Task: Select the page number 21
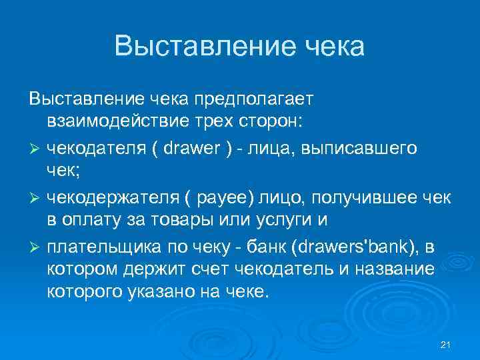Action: pyautogui.click(x=447, y=344)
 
